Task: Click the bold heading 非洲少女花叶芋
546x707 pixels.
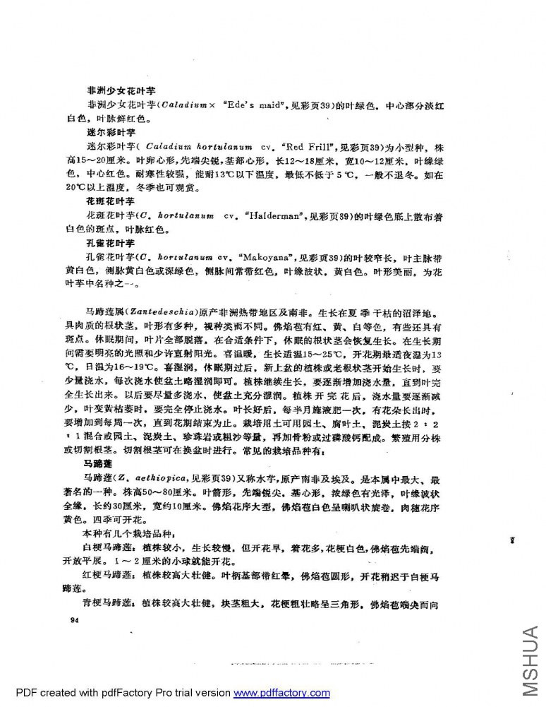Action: pos(121,91)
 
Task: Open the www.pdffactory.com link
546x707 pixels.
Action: pos(281,693)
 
